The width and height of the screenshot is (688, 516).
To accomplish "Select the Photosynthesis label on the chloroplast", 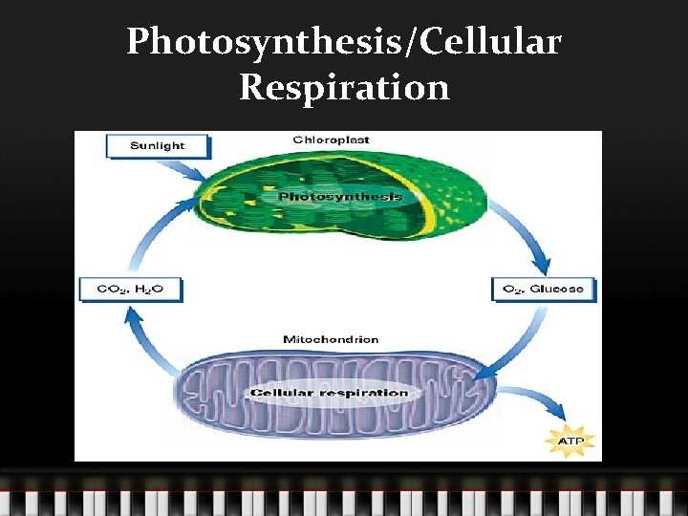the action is coord(339,197).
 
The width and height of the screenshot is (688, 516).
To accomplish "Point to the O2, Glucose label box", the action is coord(542,289).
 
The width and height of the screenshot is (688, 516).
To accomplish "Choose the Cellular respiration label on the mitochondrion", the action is coord(329,393).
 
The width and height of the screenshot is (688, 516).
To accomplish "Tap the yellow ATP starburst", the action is coord(569,441).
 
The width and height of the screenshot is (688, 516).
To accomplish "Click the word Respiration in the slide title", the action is coord(344,87).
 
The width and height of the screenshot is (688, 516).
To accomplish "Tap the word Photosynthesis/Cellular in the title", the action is coord(344,41).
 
